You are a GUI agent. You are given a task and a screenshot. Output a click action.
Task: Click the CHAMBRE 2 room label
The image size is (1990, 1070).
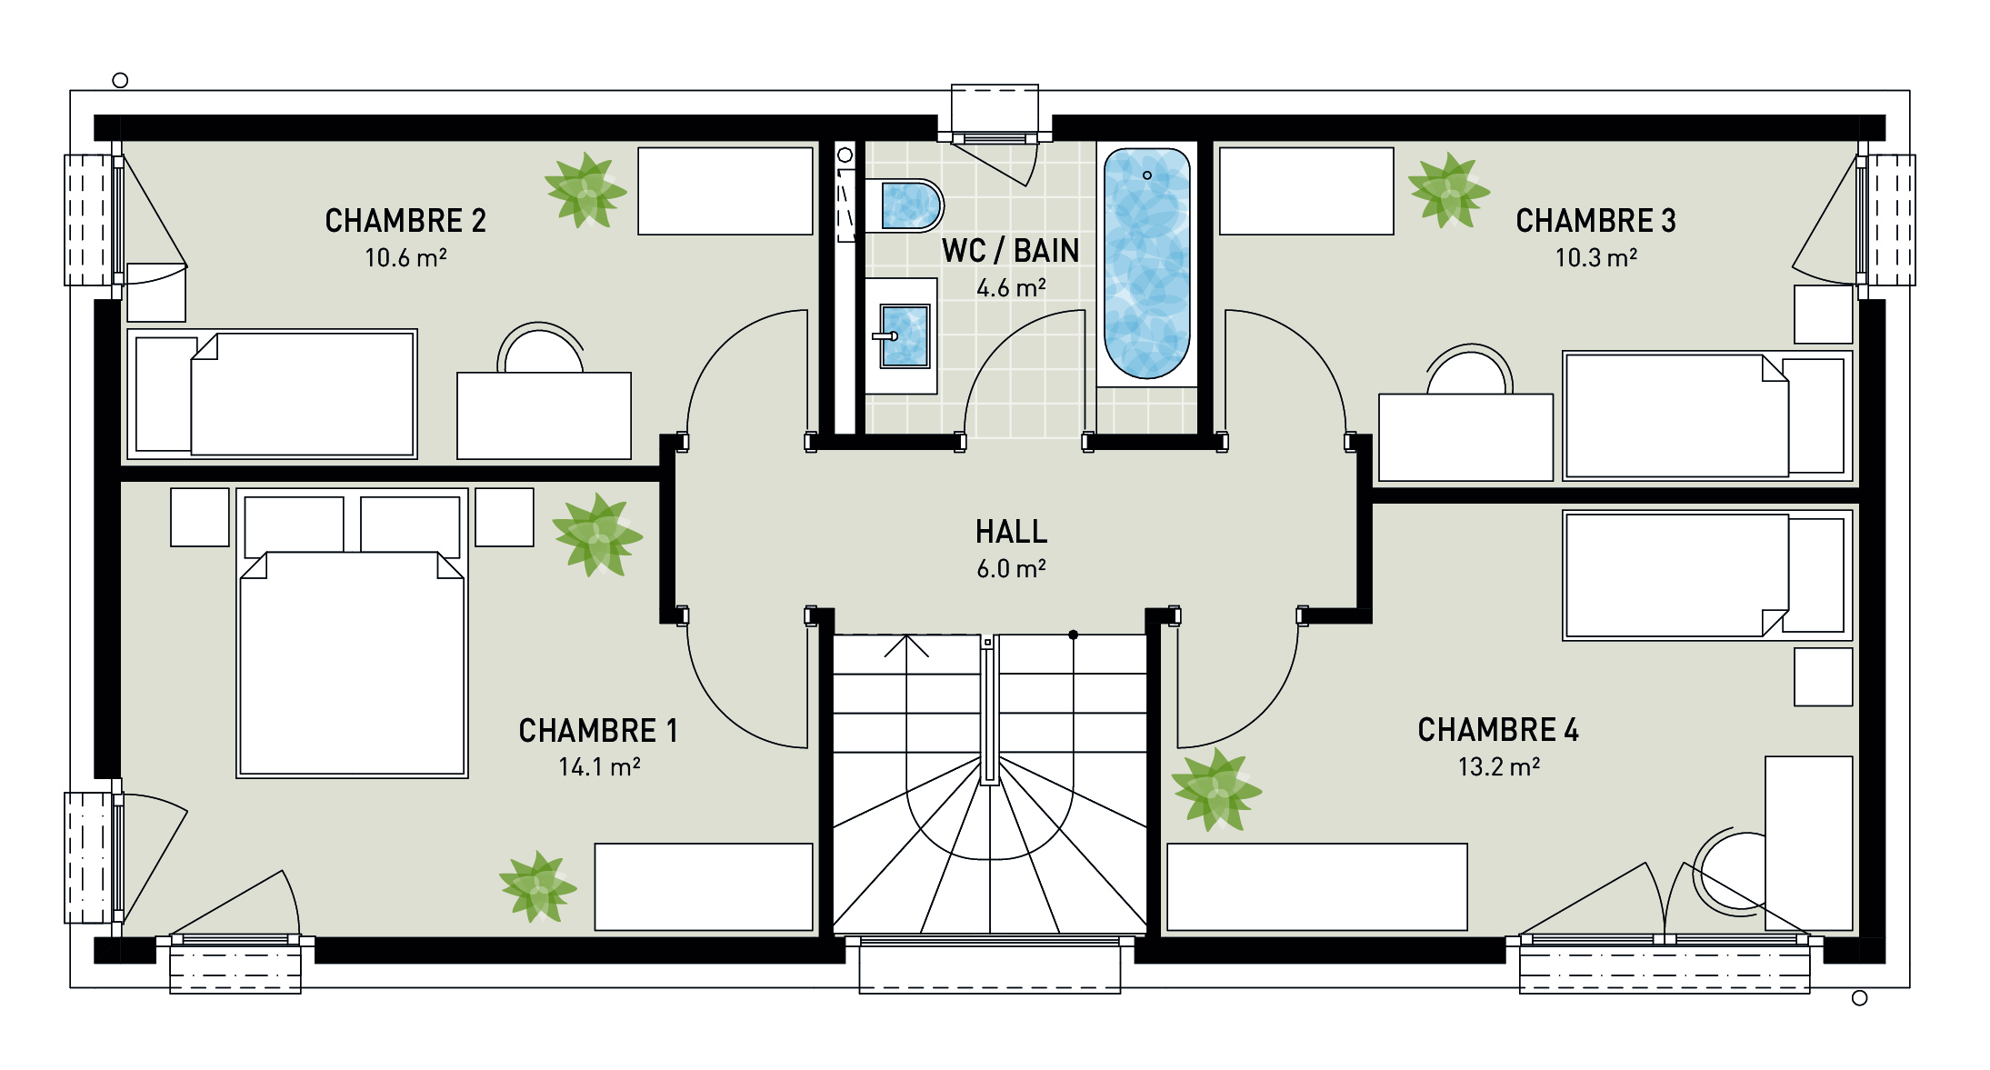(x=405, y=221)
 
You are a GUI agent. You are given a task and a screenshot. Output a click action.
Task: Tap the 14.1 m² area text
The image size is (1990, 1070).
(x=599, y=767)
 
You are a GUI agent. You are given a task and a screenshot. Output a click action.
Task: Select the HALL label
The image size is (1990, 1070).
(x=1011, y=532)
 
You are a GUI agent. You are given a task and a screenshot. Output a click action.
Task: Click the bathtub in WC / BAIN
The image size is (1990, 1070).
(x=1146, y=264)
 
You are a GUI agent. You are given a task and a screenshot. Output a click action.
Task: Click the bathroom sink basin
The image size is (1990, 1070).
(x=905, y=336)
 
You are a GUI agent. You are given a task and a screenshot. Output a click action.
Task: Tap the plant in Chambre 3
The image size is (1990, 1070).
(x=1447, y=191)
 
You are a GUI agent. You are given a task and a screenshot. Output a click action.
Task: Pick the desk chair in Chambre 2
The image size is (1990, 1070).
(x=542, y=349)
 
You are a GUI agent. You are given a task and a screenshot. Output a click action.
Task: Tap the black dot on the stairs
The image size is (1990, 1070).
(x=1073, y=635)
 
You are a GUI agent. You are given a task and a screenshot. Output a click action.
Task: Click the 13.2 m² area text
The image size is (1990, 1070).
(x=1498, y=767)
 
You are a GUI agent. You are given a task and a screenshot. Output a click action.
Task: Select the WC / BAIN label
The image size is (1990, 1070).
(x=1010, y=251)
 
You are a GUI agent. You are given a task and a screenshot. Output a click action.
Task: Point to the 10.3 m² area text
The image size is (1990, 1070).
(x=1595, y=258)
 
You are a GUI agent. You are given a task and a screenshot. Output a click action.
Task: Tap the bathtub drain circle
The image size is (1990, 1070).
(x=1147, y=175)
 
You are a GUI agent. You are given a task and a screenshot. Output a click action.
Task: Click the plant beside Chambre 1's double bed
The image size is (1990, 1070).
(x=596, y=535)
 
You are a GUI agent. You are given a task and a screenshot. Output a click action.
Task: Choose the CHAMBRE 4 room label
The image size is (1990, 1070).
(x=1497, y=730)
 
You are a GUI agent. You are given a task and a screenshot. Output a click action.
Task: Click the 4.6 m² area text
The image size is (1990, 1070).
(x=1010, y=288)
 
